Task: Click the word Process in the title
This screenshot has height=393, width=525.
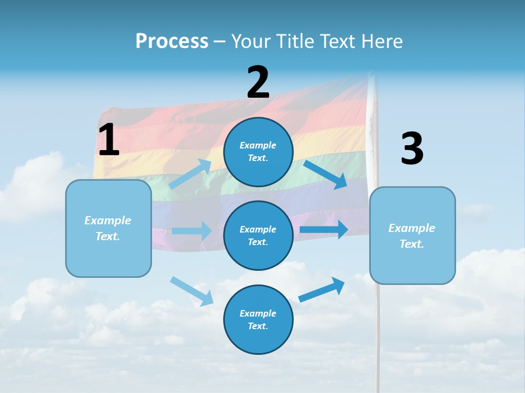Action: pyautogui.click(x=172, y=41)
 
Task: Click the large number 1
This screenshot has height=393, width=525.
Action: pyautogui.click(x=109, y=140)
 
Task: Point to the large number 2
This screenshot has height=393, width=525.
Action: pyautogui.click(x=258, y=82)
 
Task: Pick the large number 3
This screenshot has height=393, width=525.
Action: pyautogui.click(x=412, y=149)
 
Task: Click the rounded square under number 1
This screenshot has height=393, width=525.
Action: pyautogui.click(x=108, y=228)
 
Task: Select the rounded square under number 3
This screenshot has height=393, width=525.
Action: pyautogui.click(x=412, y=235)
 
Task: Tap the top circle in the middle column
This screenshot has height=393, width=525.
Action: pyautogui.click(x=258, y=152)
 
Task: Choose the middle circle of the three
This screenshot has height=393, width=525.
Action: pyautogui.click(x=258, y=235)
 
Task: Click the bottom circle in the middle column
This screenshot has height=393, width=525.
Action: pyautogui.click(x=258, y=319)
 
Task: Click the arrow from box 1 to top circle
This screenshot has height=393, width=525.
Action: pyautogui.click(x=190, y=174)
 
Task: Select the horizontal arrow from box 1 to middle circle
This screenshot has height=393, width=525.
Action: pyautogui.click(x=191, y=231)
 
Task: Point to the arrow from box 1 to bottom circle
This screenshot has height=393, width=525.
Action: pyautogui.click(x=192, y=291)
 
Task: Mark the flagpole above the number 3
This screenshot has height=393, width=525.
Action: pyautogui.click(x=372, y=104)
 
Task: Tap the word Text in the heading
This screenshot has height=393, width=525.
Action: pyautogui.click(x=339, y=41)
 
